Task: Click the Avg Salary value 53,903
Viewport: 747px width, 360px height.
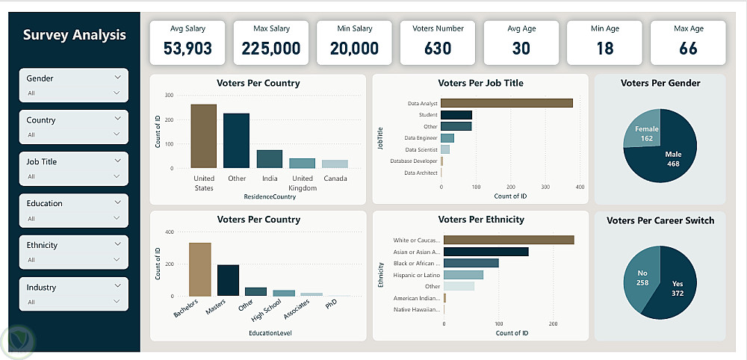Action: click(187, 48)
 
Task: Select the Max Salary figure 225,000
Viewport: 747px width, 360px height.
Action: click(271, 48)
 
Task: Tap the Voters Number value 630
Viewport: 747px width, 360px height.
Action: click(438, 48)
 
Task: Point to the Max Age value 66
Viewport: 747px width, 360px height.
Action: click(689, 48)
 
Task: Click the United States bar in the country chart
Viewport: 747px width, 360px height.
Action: click(204, 136)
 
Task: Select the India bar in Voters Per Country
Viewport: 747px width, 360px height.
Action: click(269, 159)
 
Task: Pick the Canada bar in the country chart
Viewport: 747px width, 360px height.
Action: click(335, 164)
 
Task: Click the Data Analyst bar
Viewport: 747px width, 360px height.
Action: click(506, 103)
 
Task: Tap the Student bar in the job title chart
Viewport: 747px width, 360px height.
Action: click(456, 115)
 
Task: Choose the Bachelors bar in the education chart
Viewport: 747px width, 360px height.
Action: click(200, 270)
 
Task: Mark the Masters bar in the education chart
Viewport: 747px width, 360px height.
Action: click(228, 281)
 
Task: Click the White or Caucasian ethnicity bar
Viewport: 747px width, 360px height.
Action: click(509, 240)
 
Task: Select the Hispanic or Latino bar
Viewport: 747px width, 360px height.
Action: click(464, 275)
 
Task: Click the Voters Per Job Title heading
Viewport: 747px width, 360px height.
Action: click(480, 83)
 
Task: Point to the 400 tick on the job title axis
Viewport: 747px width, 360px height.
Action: click(580, 187)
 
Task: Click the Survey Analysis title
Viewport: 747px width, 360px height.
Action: click(74, 35)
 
